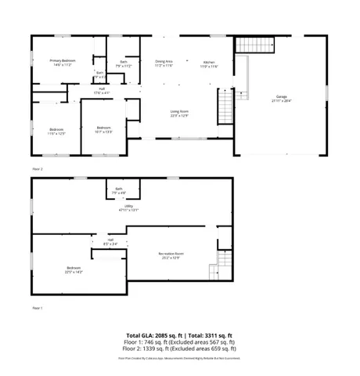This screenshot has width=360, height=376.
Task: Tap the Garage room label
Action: [280, 99]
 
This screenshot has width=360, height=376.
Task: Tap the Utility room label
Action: [118, 208]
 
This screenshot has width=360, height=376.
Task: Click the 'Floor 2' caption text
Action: [37, 168]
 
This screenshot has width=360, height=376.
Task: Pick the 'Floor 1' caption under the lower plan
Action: [37, 309]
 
